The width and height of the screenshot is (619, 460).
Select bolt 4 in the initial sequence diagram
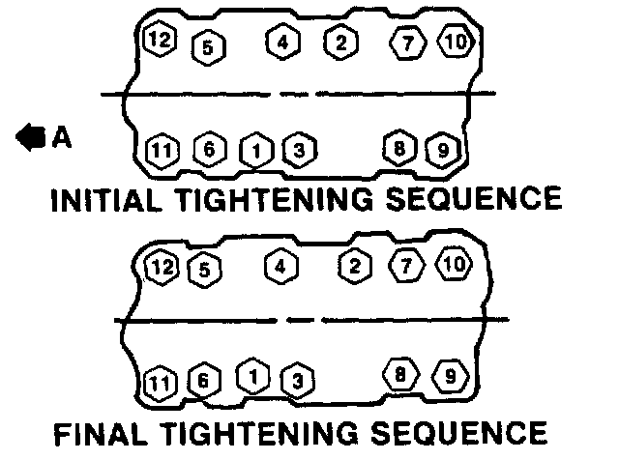point(282,43)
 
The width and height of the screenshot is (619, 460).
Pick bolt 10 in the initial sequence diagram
point(456,42)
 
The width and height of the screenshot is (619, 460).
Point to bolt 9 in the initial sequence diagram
point(440,149)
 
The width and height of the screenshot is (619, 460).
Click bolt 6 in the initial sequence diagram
point(209,150)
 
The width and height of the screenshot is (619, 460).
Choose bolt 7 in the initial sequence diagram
point(408,43)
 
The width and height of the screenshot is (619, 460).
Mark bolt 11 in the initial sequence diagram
point(162,151)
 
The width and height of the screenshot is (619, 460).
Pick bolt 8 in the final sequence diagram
point(398,372)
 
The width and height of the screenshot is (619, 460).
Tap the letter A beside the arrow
point(61,138)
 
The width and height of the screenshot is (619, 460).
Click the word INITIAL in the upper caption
point(106,200)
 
